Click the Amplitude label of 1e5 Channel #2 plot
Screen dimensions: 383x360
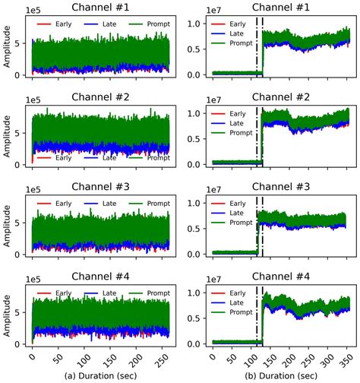click(x=8, y=135)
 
